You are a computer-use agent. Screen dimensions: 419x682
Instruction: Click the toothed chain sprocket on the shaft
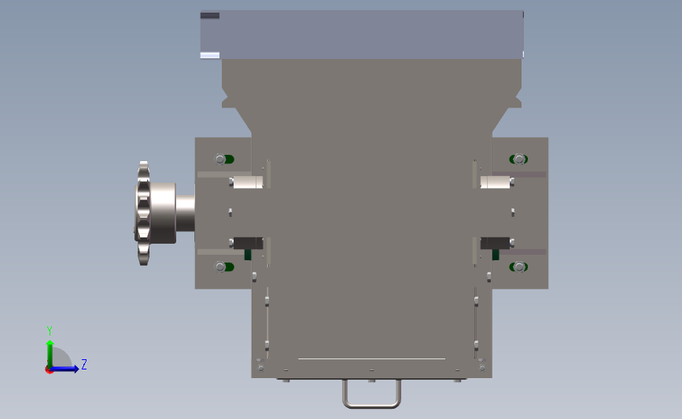[143, 213]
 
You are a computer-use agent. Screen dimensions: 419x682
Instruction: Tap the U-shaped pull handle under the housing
[371, 395]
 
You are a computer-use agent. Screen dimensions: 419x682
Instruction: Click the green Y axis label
[49, 330]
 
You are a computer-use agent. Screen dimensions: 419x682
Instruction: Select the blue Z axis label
[83, 364]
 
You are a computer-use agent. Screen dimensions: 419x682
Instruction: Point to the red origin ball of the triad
[50, 369]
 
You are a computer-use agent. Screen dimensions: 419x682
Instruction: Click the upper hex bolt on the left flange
[219, 159]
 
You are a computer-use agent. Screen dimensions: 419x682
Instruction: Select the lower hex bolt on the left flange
[219, 267]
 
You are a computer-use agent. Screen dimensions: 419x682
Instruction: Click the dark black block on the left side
[249, 242]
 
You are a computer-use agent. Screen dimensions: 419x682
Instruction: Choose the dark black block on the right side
[494, 242]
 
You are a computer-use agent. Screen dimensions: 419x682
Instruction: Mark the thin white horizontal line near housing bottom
[371, 358]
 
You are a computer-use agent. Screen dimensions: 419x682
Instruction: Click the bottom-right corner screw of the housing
[482, 367]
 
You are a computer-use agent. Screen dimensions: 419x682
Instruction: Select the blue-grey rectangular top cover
[362, 35]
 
